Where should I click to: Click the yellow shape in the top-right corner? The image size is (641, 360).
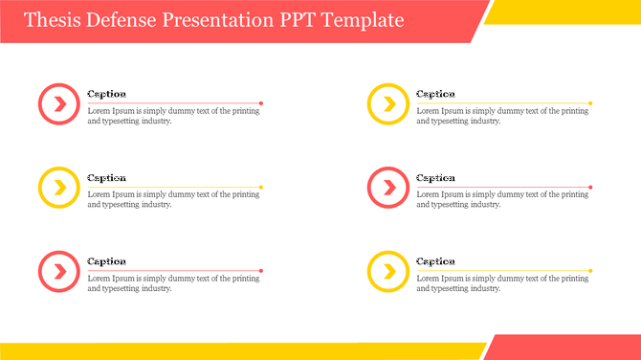(564, 11)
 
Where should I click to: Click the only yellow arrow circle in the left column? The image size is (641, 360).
(59, 188)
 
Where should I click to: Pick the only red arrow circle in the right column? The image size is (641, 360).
(388, 188)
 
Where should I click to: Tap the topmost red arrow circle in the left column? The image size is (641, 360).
(59, 103)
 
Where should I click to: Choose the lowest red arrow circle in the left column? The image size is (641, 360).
(59, 271)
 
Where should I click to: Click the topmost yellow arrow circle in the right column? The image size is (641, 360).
(388, 103)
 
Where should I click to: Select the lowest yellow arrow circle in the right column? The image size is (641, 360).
(388, 271)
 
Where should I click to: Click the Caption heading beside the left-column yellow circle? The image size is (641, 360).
(107, 177)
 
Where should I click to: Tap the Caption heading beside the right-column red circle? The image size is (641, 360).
(436, 177)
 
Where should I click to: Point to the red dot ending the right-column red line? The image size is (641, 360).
(590, 187)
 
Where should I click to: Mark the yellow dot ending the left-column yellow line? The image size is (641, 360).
(261, 187)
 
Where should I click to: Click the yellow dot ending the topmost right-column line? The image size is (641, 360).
(590, 102)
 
